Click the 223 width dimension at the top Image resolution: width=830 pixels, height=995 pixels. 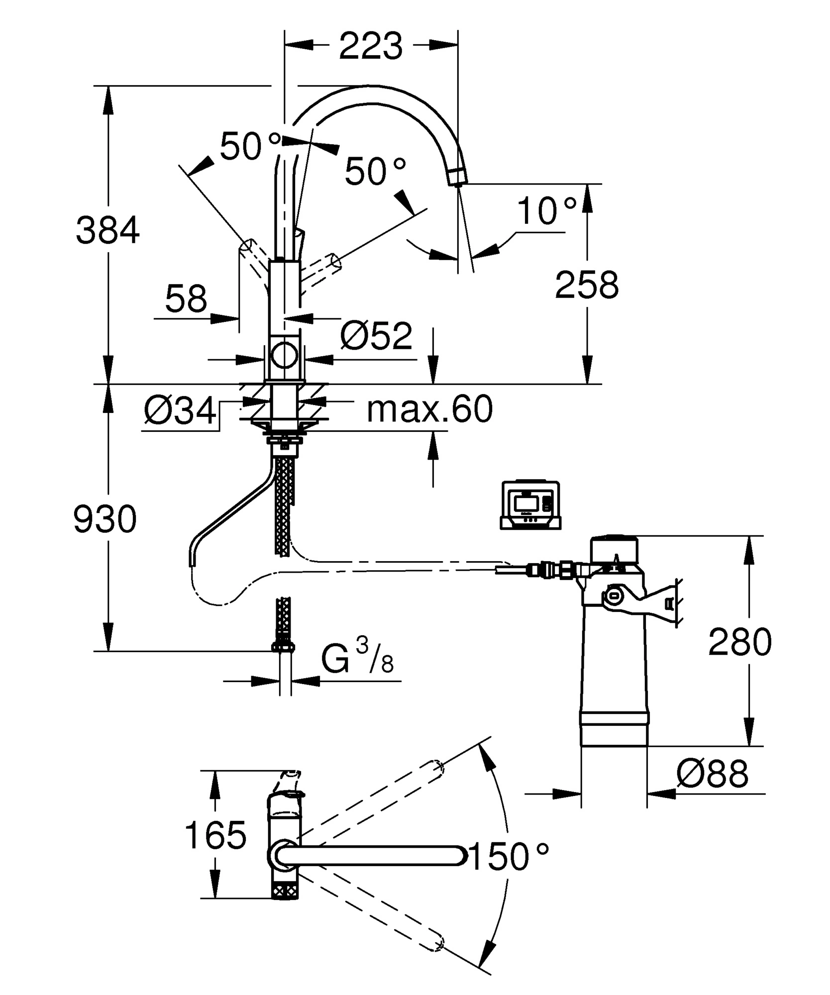tap(371, 46)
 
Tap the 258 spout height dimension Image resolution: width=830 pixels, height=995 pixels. tap(587, 285)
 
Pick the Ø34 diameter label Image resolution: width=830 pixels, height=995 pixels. tap(181, 411)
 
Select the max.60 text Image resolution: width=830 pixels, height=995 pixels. tap(429, 409)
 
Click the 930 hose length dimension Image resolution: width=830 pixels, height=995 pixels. tap(104, 519)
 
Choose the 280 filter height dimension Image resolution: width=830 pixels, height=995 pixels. tap(740, 642)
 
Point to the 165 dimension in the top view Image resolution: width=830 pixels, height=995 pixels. tap(215, 834)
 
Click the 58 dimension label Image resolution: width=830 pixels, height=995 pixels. tap(186, 299)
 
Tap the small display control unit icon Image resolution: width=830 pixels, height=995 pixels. tap(530, 505)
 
